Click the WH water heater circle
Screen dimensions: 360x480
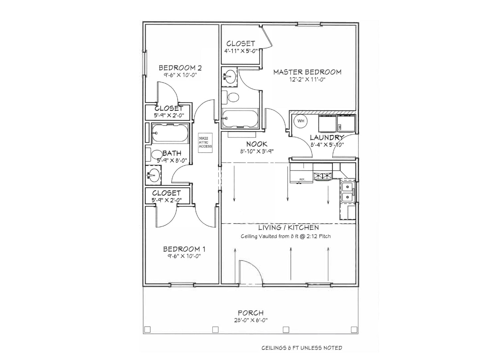click(x=301, y=121)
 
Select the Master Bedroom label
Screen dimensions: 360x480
click(x=307, y=72)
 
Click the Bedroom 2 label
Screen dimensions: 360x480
click(x=180, y=68)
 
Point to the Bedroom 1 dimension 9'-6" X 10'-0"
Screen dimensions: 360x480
click(x=182, y=256)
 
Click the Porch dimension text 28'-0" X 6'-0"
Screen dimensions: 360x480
click(x=250, y=320)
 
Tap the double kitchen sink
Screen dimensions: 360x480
click(x=347, y=192)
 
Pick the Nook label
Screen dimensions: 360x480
click(x=257, y=144)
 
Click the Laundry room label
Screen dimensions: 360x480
click(x=327, y=137)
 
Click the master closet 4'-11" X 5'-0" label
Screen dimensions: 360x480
click(x=240, y=51)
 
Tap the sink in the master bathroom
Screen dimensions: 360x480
click(x=229, y=77)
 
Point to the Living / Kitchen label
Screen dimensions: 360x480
click(x=288, y=227)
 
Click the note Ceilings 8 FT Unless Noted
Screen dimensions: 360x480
click(x=302, y=348)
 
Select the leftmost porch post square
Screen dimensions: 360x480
click(x=148, y=329)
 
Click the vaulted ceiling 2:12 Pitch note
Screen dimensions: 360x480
click(x=285, y=236)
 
